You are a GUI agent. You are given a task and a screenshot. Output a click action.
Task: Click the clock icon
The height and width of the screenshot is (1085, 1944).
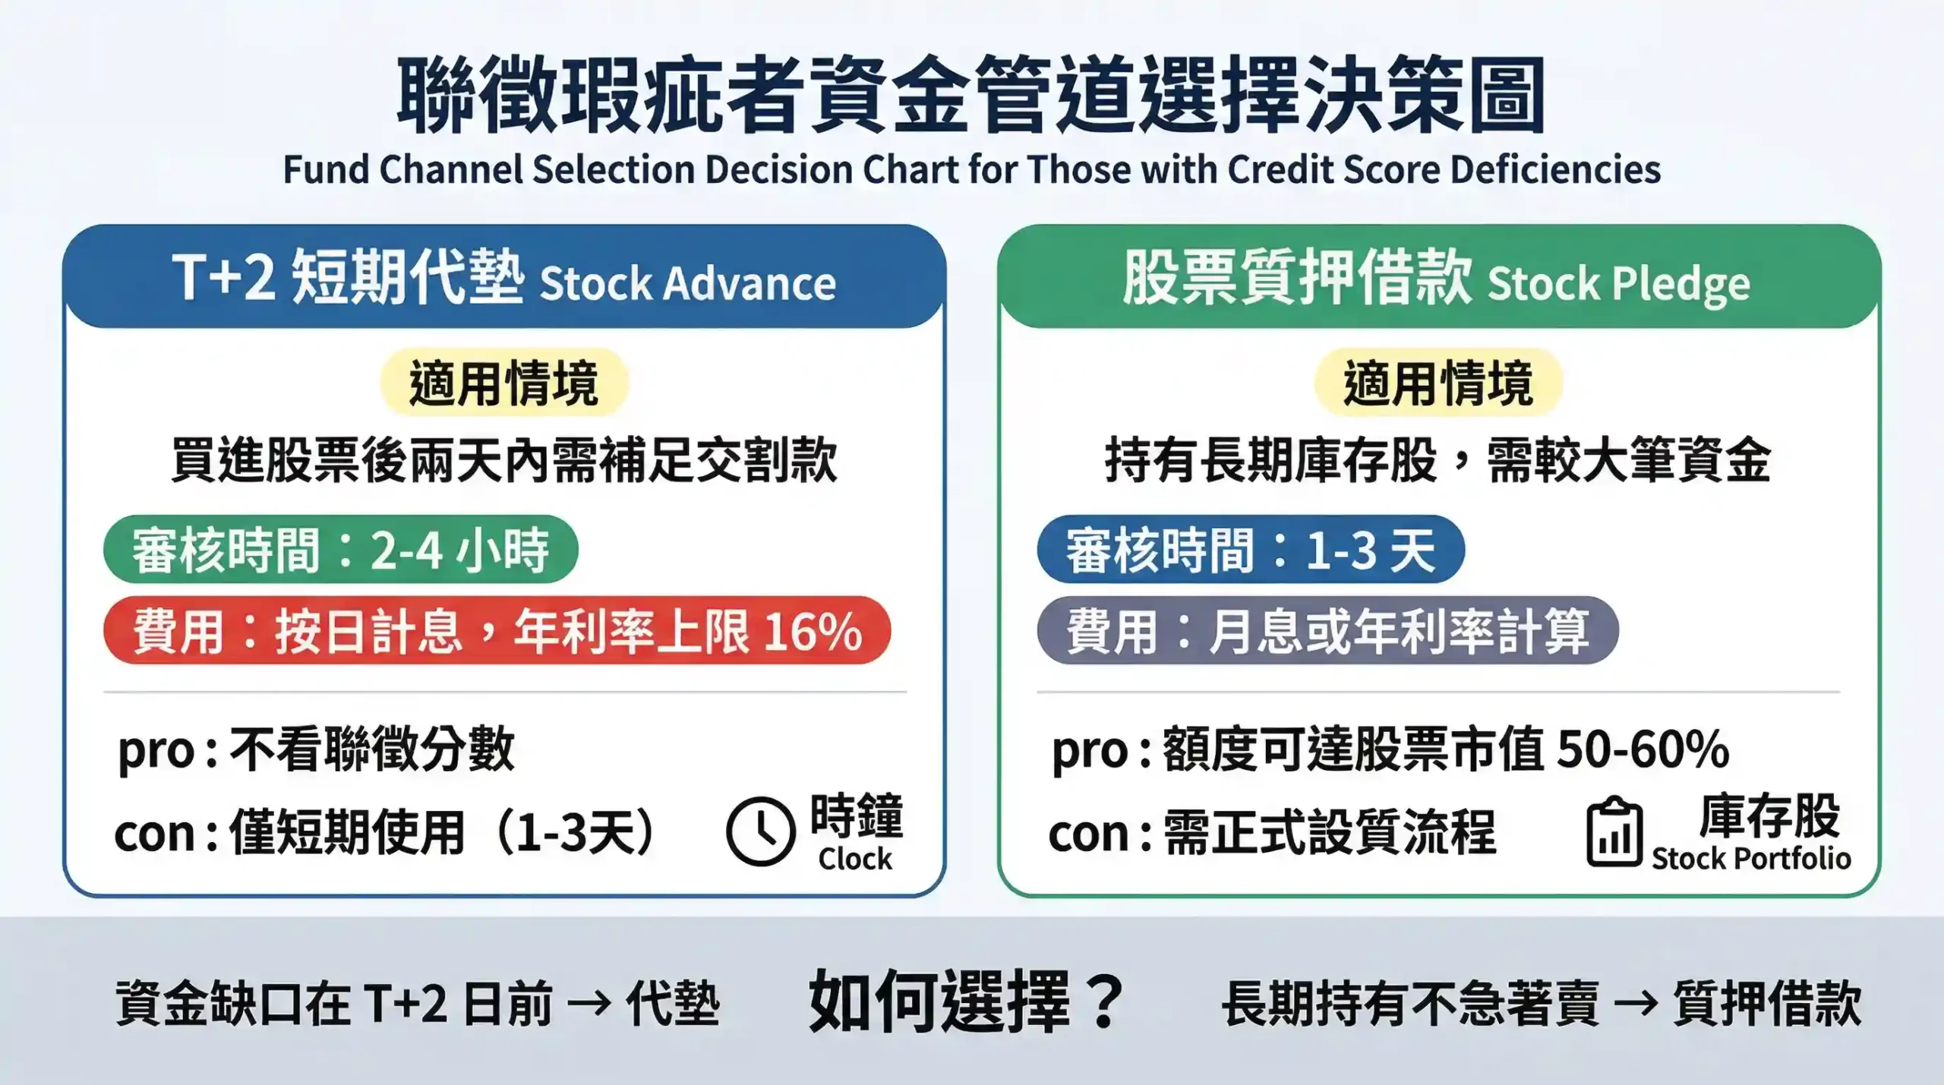coord(760,831)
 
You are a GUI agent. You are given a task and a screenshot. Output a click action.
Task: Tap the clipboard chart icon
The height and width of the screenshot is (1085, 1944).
coord(1614,833)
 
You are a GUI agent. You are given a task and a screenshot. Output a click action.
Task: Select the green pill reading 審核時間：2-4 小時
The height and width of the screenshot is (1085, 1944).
coord(340,550)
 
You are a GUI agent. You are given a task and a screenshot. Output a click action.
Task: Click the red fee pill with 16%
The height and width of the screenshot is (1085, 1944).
coord(497,631)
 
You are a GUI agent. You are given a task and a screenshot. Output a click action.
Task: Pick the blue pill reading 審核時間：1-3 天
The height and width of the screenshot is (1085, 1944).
coord(1250,550)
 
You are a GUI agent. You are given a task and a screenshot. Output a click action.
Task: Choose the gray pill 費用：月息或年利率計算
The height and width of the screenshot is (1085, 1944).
coord(1327,631)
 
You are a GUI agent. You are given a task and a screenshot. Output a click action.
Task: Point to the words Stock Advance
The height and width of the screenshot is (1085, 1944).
coord(687,284)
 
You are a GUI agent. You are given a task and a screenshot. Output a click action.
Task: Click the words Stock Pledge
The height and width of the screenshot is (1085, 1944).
coord(1618,284)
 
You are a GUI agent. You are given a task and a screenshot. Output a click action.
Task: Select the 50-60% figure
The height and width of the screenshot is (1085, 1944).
coord(1643,749)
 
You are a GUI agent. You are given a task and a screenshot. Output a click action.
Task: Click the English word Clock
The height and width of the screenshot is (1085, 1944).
coord(855,859)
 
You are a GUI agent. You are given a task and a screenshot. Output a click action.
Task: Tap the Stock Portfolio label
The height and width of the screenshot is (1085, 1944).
coord(1751,859)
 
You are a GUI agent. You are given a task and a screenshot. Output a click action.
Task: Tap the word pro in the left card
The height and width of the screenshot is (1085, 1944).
coord(156,751)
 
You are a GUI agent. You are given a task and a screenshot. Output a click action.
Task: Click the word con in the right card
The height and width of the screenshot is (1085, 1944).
coord(1089,834)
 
